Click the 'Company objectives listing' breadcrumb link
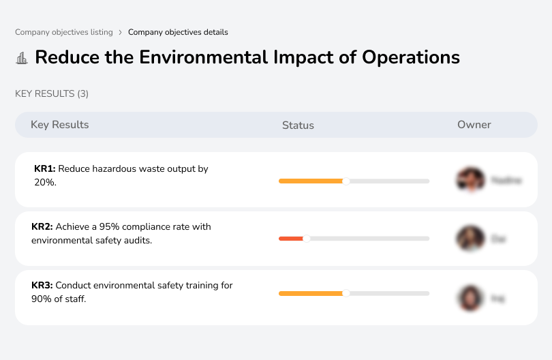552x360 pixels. click(x=63, y=32)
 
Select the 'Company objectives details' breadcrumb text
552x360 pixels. click(x=178, y=32)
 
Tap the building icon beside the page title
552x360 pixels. click(x=22, y=58)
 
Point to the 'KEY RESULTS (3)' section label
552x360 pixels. click(x=52, y=93)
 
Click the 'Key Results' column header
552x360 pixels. click(x=60, y=125)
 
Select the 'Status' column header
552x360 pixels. click(x=298, y=125)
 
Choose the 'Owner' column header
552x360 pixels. click(x=474, y=125)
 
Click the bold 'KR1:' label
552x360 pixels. click(x=46, y=168)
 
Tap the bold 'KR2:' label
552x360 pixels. click(x=42, y=227)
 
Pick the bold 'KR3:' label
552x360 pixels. click(x=42, y=286)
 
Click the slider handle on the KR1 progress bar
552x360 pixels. click(x=346, y=181)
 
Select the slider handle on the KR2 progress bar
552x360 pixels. click(x=306, y=239)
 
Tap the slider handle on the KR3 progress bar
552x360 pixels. click(x=346, y=293)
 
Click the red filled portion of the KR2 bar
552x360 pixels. click(x=291, y=239)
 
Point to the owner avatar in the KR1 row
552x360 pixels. click(x=470, y=180)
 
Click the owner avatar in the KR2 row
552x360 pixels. click(x=470, y=239)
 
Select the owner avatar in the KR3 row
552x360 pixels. click(x=470, y=298)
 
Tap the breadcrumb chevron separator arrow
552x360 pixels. click(x=120, y=32)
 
